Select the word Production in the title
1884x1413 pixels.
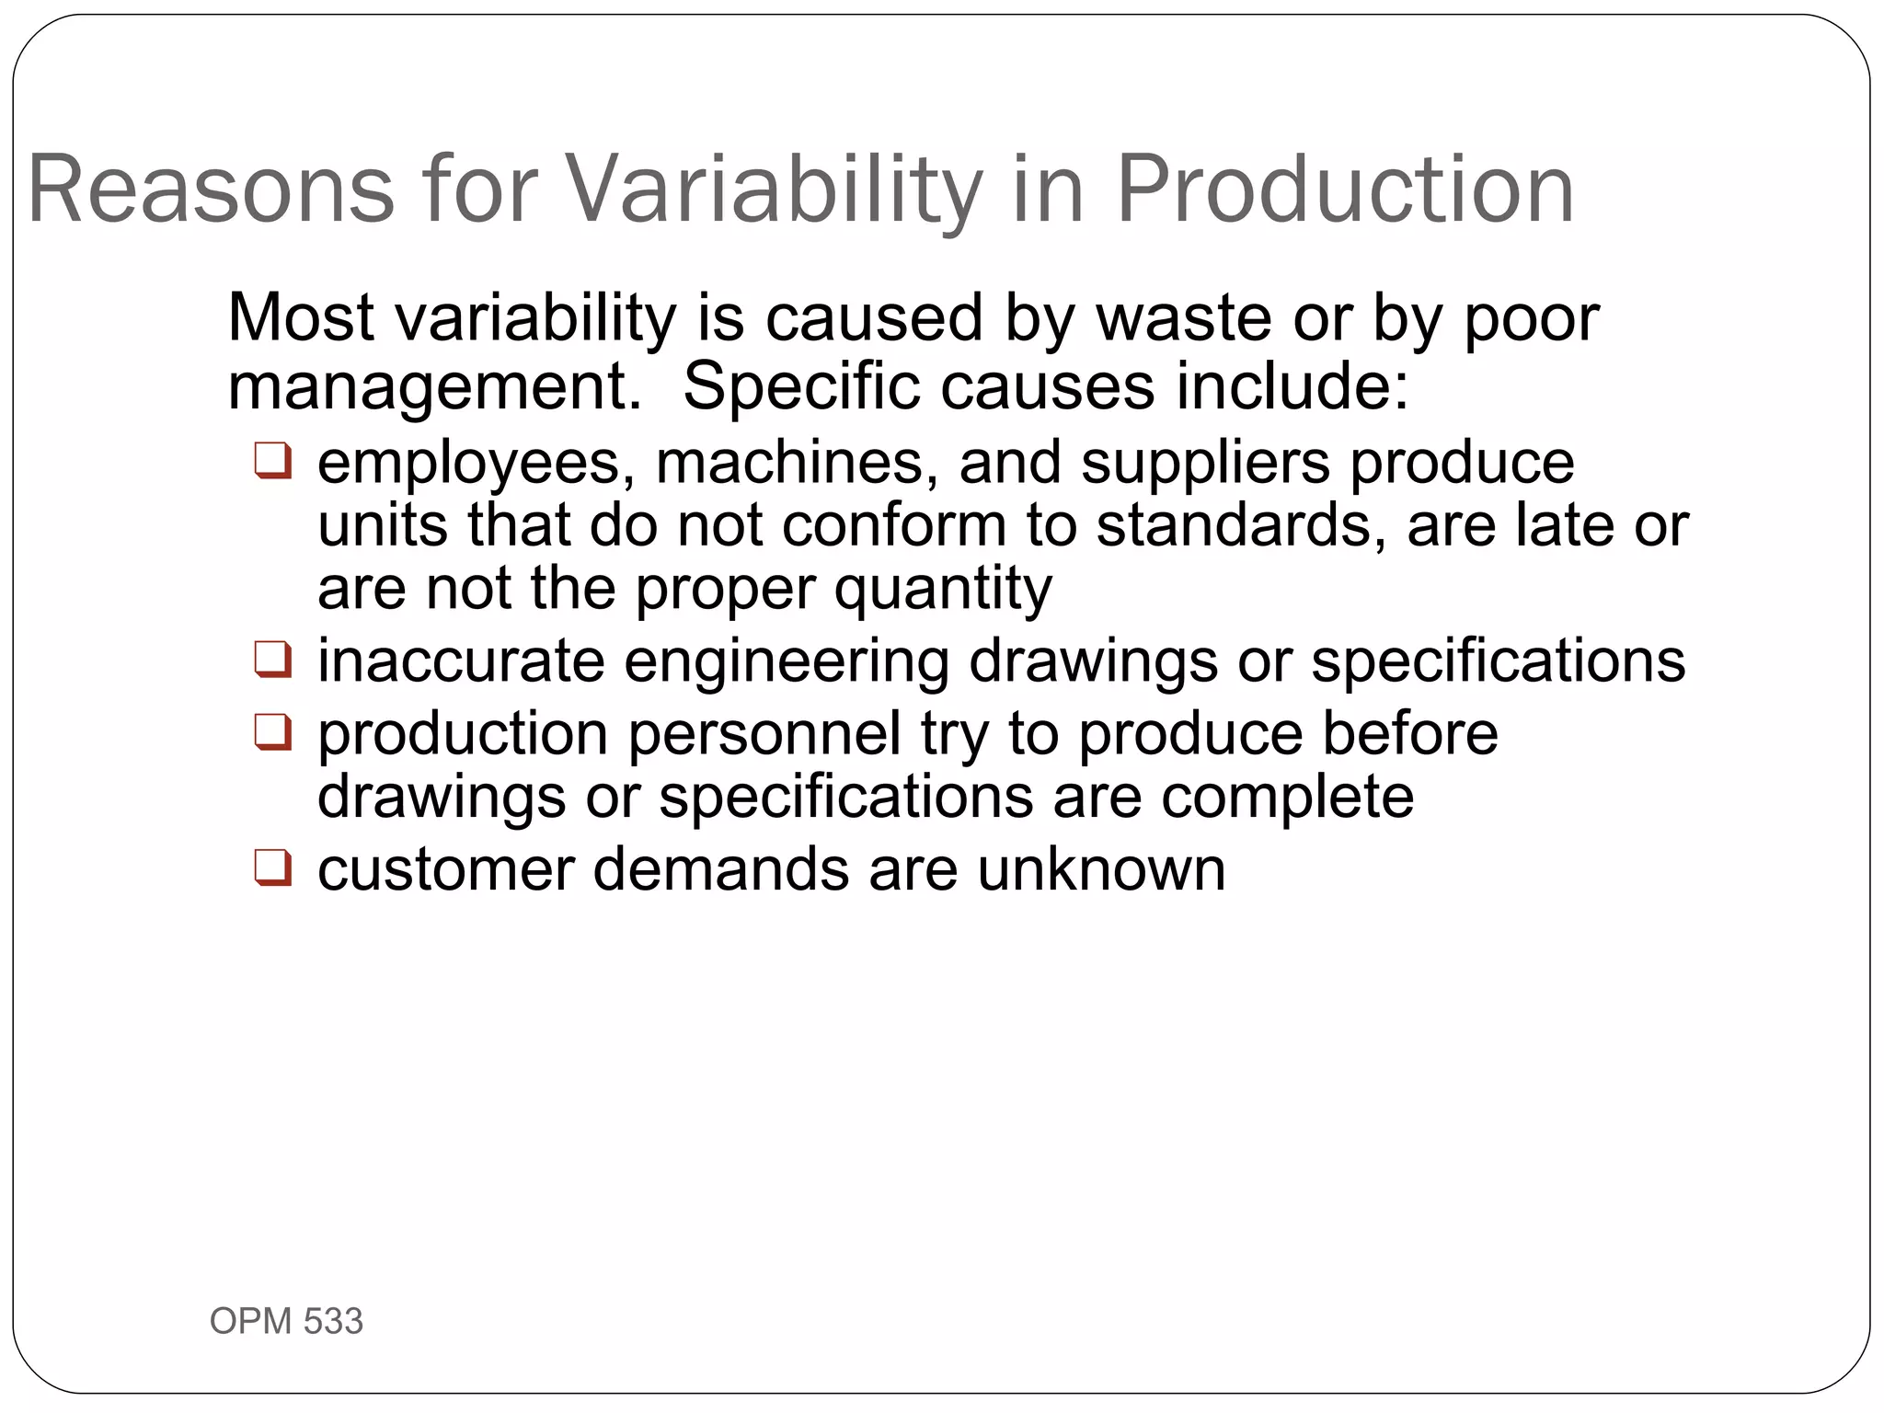click(1345, 190)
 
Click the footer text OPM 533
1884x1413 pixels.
click(286, 1321)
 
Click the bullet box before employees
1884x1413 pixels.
click(273, 461)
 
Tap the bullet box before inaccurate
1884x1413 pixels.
click(273, 660)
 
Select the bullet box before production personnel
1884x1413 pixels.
click(273, 732)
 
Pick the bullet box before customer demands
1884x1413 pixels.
click(273, 867)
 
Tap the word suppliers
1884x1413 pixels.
click(1205, 462)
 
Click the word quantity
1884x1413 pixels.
click(943, 589)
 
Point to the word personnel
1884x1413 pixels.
click(764, 733)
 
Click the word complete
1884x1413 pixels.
click(1287, 797)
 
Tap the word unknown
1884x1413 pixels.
click(1101, 868)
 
